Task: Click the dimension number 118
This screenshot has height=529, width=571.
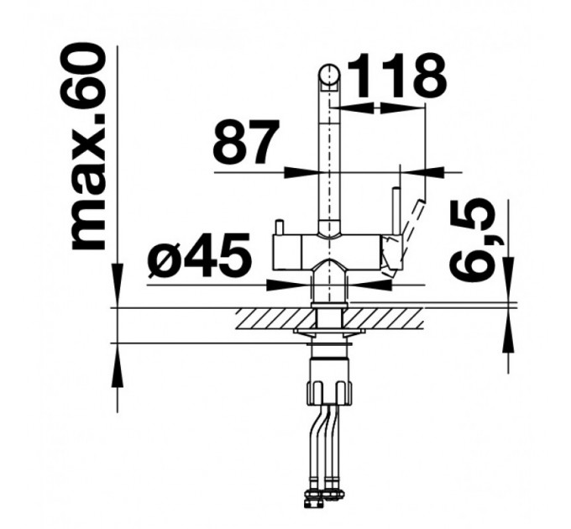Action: coord(396,76)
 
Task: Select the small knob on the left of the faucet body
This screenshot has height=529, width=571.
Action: coord(280,228)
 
